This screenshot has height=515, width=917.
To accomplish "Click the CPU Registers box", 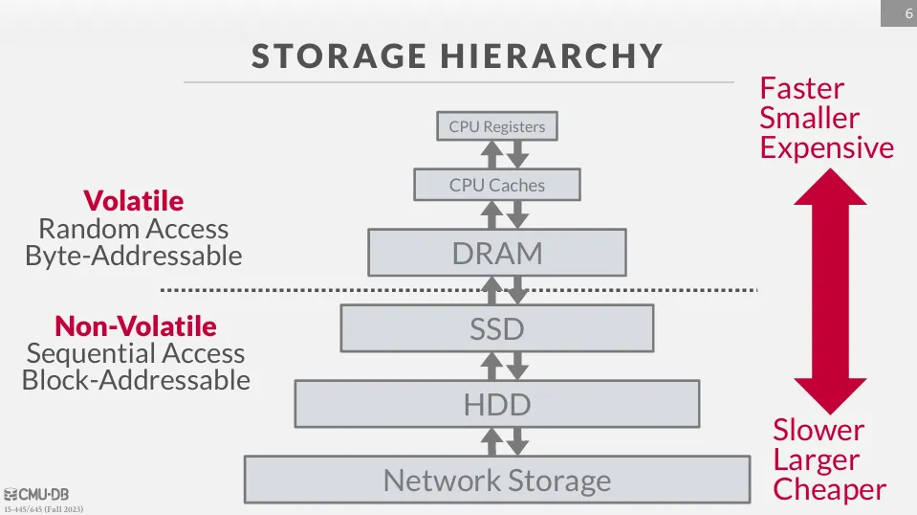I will pos(496,126).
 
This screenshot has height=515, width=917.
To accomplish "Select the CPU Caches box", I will pos(496,185).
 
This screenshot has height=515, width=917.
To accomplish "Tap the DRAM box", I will pos(496,253).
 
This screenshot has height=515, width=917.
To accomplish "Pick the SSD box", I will pos(496,328).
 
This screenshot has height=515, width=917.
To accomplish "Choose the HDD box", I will pos(496,404).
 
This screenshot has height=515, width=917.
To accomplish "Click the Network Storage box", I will pos(496,480).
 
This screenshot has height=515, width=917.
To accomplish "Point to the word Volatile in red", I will pos(134,200).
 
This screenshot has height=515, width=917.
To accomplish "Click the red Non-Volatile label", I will pos(136,325).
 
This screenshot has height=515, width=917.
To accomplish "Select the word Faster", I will pos(802,88).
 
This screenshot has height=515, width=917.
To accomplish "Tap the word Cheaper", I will pos(829,489).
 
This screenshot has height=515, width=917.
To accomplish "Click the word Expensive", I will pos(827,147).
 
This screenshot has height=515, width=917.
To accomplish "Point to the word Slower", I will pos(819,430).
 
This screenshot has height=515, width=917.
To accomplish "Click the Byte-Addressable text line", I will pos(134,256).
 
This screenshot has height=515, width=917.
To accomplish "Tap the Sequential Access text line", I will pos(136,353).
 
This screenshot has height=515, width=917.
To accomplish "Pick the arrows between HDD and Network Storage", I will pos(503,440).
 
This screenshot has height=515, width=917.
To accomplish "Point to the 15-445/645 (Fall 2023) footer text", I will pos(43,508).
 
